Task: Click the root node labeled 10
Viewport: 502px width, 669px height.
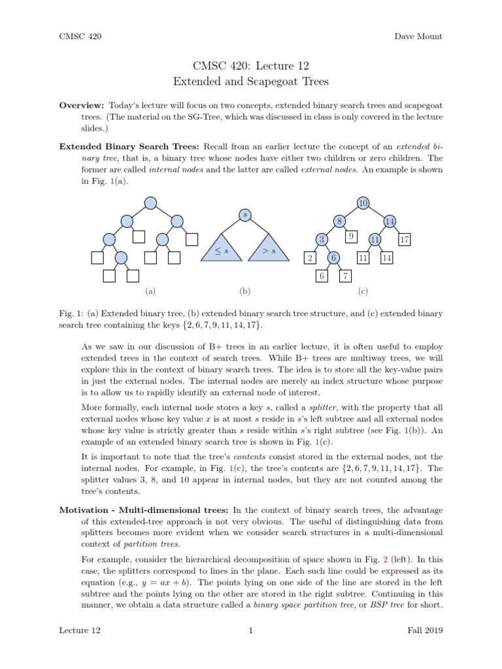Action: [363, 203]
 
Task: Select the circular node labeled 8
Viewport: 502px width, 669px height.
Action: [340, 221]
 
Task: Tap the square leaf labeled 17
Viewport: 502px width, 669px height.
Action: [405, 240]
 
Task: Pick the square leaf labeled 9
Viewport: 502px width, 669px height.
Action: [352, 236]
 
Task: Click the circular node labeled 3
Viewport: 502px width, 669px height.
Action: [322, 240]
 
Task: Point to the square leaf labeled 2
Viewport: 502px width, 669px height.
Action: [310, 259]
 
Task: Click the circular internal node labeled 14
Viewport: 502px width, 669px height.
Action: [389, 221]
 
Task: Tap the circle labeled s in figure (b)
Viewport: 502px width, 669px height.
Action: [244, 214]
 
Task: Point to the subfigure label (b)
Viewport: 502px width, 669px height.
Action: [245, 292]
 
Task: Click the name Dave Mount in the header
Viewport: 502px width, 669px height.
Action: [418, 37]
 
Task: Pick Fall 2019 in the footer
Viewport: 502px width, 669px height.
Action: [424, 630]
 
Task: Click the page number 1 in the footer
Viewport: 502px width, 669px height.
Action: [251, 630]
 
